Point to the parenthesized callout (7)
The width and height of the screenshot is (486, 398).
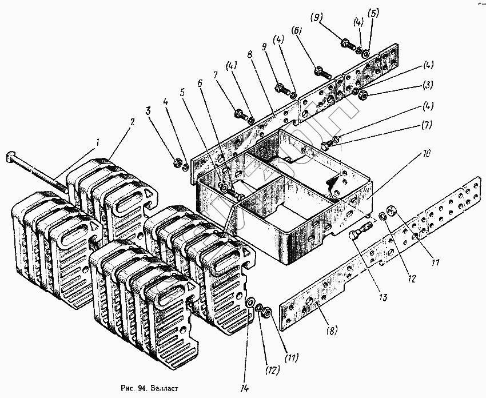click(x=427, y=124)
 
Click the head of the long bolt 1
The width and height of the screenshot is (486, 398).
click(x=11, y=157)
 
